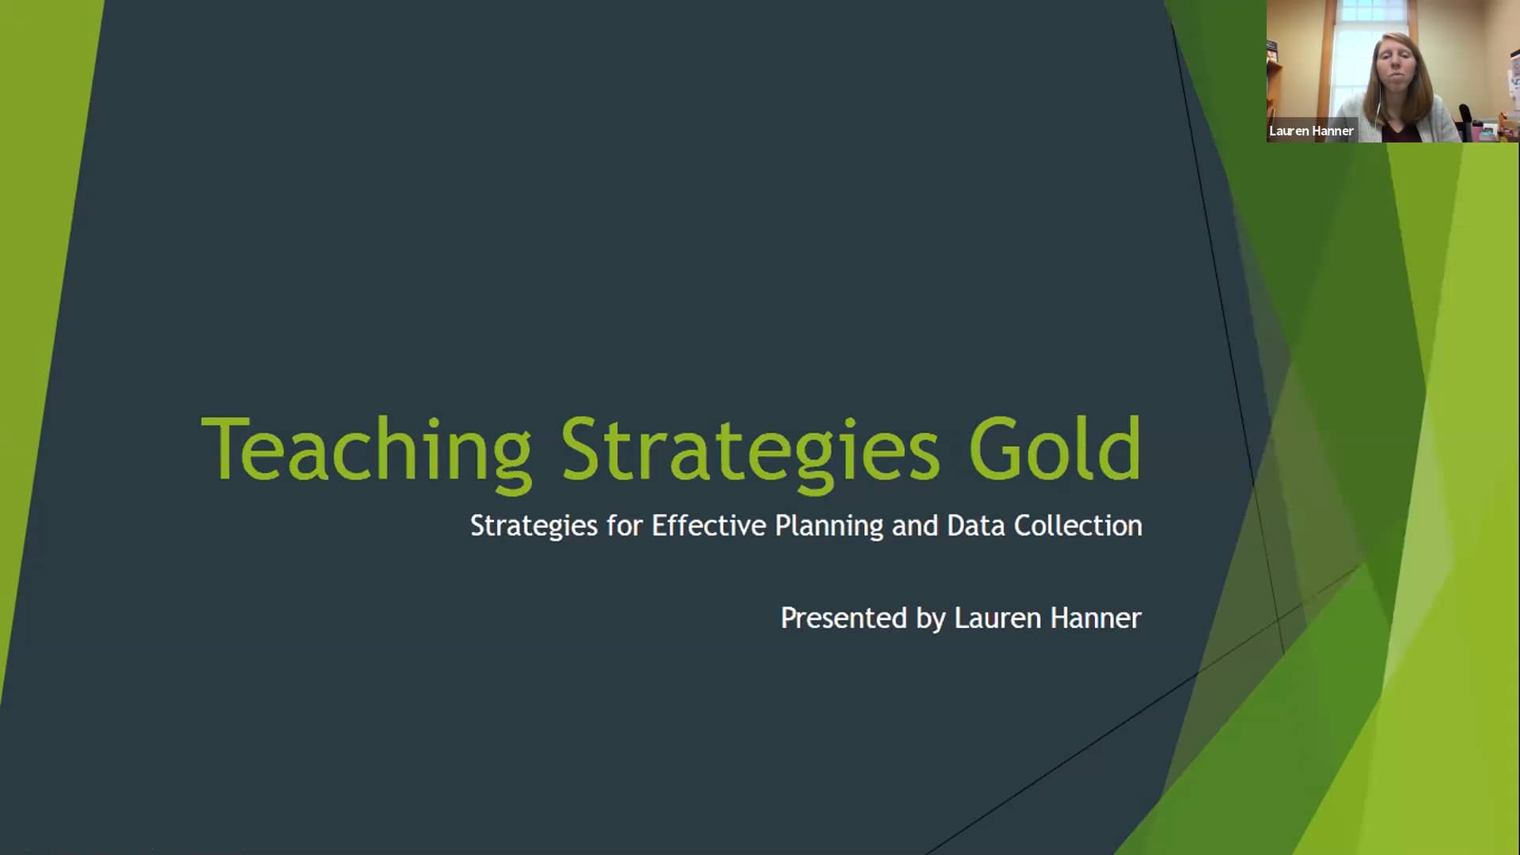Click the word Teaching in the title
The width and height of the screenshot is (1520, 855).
[366, 449]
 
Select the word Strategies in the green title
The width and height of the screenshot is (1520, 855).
[750, 449]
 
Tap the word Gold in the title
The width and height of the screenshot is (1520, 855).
[1054, 449]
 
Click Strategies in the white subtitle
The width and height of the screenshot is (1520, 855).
[534, 526]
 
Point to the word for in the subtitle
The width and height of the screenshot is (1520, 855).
[625, 526]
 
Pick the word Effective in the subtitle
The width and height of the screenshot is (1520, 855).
[709, 526]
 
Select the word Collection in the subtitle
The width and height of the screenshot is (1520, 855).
[1078, 526]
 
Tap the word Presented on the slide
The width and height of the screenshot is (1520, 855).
[843, 618]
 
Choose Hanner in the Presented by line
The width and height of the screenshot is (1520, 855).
[1096, 618]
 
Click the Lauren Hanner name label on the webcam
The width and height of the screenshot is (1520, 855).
[1311, 131]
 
